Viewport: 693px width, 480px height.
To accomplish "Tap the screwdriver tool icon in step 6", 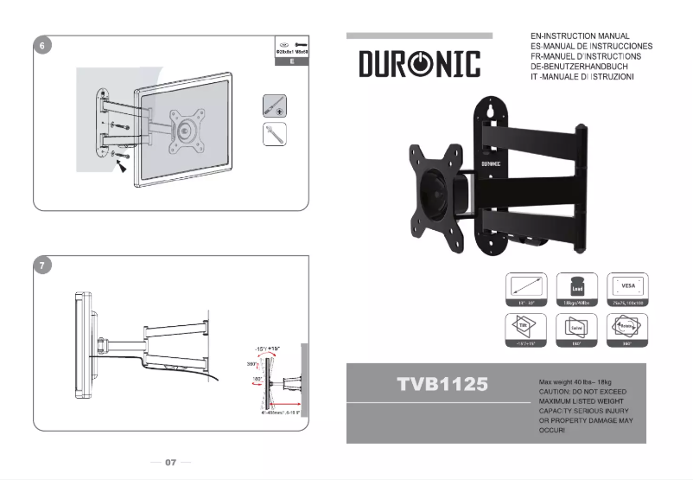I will [275, 106].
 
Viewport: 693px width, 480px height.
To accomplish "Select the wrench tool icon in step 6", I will [275, 134].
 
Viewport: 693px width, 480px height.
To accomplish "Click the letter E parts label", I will [292, 62].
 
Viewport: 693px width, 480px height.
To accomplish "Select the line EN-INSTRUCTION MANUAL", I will [585, 36].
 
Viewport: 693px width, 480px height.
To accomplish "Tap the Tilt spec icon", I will [526, 329].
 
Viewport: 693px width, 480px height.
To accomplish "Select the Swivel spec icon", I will [576, 329].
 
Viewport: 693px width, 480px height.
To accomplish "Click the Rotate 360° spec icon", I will [628, 329].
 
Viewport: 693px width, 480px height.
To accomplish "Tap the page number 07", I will [170, 463].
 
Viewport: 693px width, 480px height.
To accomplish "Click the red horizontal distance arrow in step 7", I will [285, 406].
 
